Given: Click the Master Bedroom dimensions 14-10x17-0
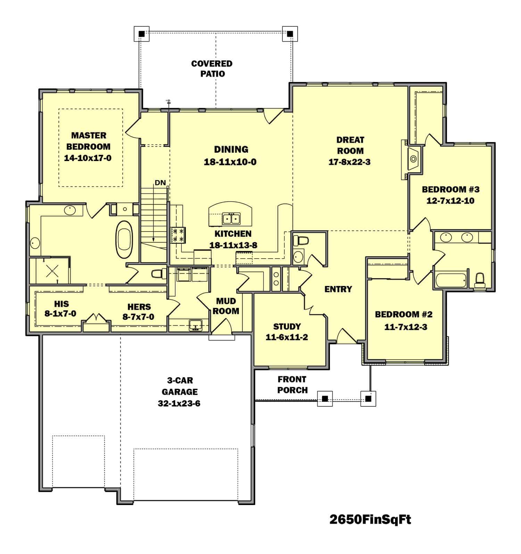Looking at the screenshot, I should (88, 158).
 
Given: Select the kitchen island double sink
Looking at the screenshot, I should (231, 218).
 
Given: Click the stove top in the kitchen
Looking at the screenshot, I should (178, 235).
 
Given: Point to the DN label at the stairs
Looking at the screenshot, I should (160, 183).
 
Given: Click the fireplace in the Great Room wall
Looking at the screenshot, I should (413, 159).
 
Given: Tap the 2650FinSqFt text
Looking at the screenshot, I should (370, 520).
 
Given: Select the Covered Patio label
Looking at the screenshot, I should (212, 68).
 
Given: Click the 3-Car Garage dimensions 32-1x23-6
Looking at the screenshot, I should (180, 403).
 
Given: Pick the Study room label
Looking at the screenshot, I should (287, 326).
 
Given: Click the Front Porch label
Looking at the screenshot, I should (292, 385).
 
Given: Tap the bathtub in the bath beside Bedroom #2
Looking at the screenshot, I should (450, 279).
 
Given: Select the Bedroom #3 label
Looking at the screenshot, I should (450, 190).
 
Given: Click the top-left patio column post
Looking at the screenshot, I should (141, 34).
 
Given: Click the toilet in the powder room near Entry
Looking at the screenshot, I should (301, 241).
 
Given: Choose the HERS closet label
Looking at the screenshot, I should (139, 307).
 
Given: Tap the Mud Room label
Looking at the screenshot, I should (226, 306).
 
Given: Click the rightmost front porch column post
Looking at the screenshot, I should (368, 398).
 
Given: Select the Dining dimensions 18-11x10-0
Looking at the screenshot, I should (230, 162).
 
